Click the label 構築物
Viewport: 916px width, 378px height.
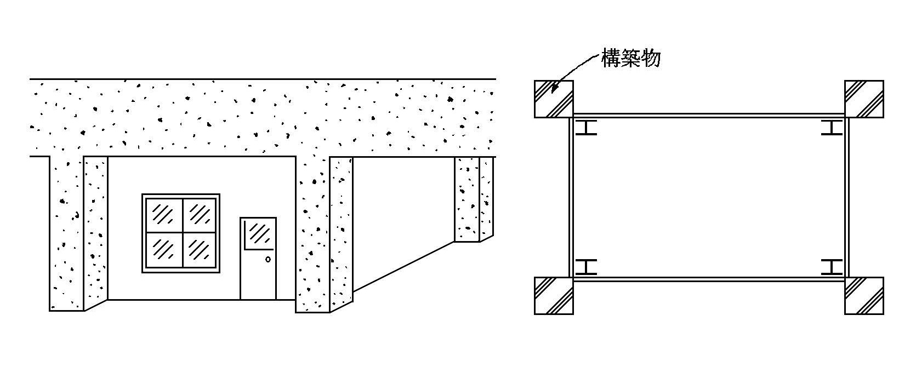[x=630, y=58]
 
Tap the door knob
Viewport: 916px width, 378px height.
[x=268, y=259]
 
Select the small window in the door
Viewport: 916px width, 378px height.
[x=258, y=234]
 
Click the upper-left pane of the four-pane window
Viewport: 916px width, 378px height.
[x=162, y=213]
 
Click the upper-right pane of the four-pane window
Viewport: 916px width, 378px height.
[x=200, y=213]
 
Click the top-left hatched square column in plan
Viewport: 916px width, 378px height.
[x=554, y=99]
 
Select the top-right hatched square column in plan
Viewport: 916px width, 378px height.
[x=864, y=99]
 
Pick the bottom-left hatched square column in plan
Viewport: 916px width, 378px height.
[x=554, y=296]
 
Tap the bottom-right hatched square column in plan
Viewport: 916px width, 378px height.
[x=864, y=296]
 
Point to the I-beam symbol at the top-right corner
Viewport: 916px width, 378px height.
[x=832, y=128]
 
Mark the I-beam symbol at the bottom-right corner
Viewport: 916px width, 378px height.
[x=832, y=267]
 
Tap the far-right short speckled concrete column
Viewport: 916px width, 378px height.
[x=473, y=200]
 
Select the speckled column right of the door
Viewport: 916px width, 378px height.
[x=323, y=236]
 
